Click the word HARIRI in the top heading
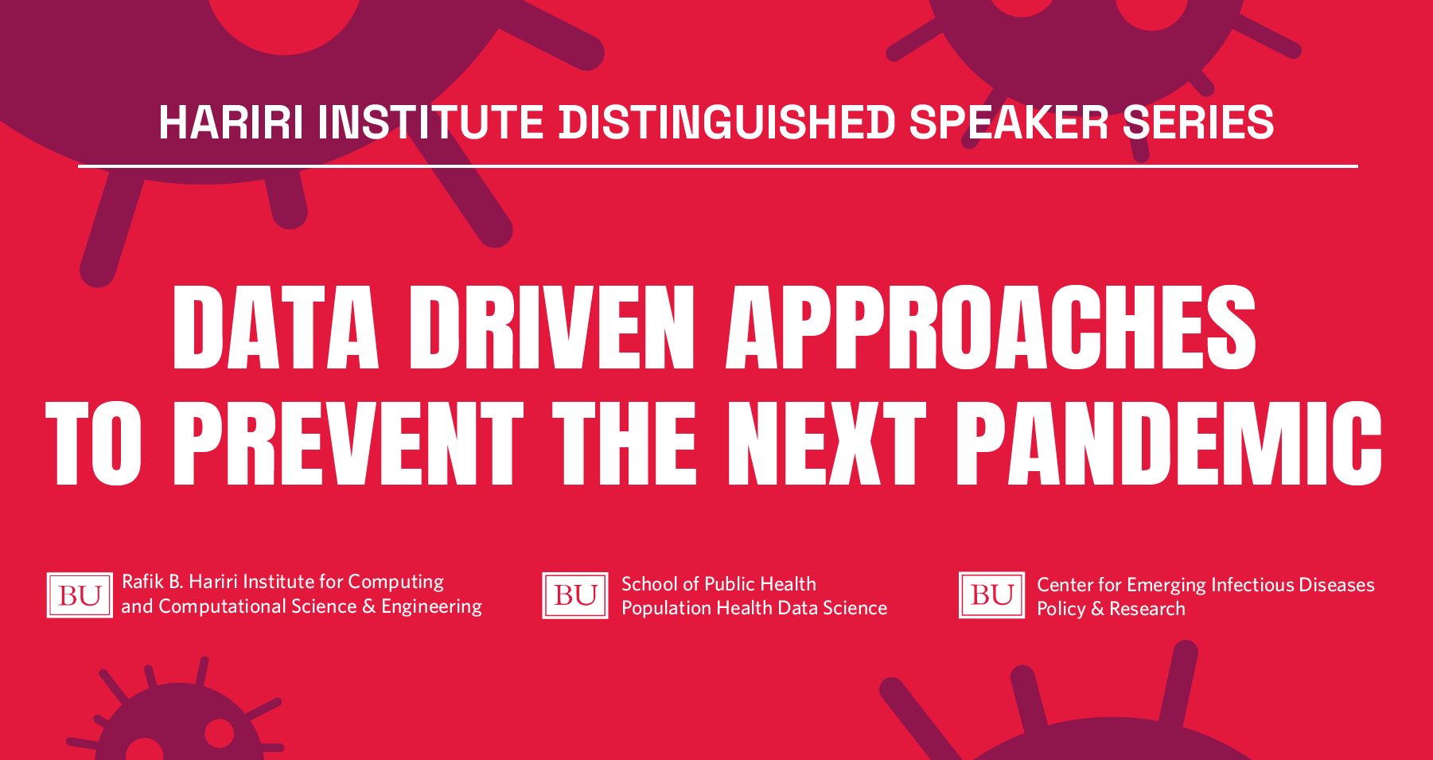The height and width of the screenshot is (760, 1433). coord(231,123)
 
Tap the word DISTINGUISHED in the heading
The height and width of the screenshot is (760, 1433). coord(728,123)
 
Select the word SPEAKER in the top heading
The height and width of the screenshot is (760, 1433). coord(1009,123)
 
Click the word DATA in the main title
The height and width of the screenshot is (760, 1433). coord(275,327)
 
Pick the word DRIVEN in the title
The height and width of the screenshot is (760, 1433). coord(552,327)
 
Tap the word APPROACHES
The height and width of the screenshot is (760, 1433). coord(991,327)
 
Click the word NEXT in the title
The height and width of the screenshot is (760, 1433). coord(827,442)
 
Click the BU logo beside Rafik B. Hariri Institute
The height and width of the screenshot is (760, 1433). coord(80,595)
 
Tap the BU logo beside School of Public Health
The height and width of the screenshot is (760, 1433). coord(575,595)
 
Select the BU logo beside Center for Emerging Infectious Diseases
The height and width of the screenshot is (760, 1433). coord(991,595)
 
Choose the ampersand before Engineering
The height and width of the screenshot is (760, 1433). coord(368,606)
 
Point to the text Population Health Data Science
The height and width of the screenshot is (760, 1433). coord(754,608)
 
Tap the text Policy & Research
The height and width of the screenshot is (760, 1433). coord(1111,609)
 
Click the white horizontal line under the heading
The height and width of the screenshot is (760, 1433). coord(718,166)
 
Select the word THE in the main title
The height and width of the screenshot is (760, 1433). coord(625,442)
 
